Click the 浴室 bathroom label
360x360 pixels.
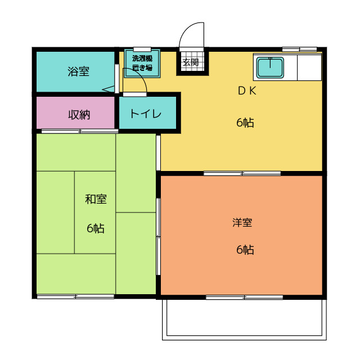coord(79,71)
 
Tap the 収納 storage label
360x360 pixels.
coord(79,115)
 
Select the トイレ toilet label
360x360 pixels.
coord(146,114)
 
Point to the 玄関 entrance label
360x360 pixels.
coord(191,62)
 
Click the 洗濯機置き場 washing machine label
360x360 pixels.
coord(142,63)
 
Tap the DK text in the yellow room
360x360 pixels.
coord(247,91)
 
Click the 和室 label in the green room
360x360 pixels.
coord(96,199)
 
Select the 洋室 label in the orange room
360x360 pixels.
coord(242,223)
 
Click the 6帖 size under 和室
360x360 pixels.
coord(96,228)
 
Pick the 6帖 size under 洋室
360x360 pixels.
coord(245,250)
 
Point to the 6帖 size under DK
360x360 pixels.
coord(245,123)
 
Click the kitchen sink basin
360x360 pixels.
coord(270,67)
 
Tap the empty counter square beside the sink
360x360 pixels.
coord(309,67)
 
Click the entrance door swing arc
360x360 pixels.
coord(186,29)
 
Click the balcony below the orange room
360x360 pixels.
coord(244,319)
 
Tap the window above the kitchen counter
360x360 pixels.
coord(299,49)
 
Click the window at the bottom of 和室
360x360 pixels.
coord(75,296)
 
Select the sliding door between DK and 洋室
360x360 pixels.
coord(242,173)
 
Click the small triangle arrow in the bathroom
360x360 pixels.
coord(109,89)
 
